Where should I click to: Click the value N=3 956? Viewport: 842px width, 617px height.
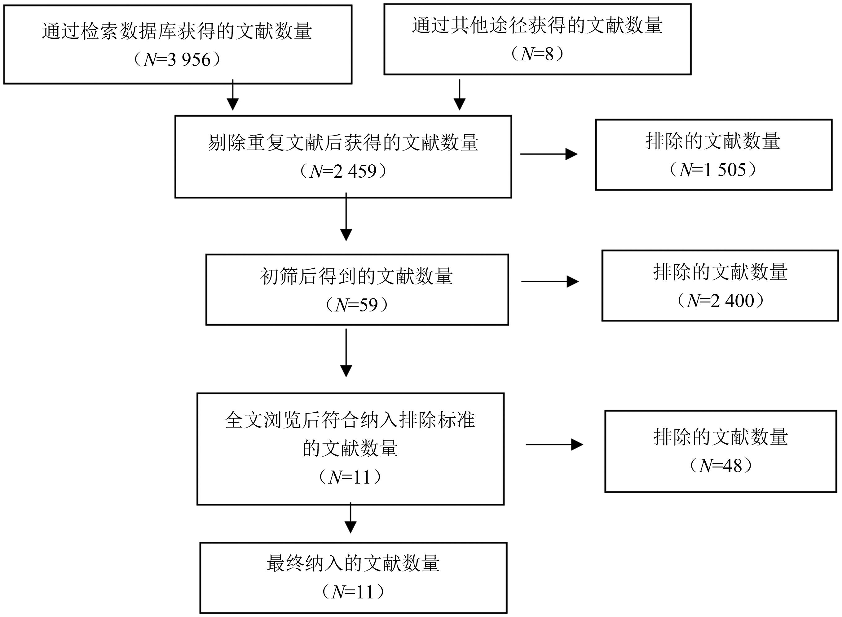(x=177, y=59)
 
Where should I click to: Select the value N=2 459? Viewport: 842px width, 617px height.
(x=343, y=171)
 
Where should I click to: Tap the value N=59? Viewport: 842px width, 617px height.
(x=357, y=305)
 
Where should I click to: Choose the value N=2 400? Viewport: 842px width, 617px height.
(x=721, y=301)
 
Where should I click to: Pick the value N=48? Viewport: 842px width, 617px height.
(x=721, y=466)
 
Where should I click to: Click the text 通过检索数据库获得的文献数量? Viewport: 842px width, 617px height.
(x=177, y=31)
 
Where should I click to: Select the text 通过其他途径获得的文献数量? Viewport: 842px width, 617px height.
(x=537, y=25)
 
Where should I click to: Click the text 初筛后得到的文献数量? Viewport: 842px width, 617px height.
(x=357, y=276)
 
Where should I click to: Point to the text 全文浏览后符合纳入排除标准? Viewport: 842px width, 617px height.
(x=350, y=420)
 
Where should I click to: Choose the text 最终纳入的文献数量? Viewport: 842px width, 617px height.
(x=353, y=563)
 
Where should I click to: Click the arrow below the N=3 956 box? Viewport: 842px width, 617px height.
(x=232, y=95)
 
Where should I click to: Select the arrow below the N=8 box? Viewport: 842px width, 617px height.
(x=460, y=95)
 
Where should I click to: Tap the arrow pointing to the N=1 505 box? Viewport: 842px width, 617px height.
(x=549, y=154)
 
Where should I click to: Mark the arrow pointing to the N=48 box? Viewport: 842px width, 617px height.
(x=554, y=445)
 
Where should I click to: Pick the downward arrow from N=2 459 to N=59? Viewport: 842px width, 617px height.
(x=346, y=217)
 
